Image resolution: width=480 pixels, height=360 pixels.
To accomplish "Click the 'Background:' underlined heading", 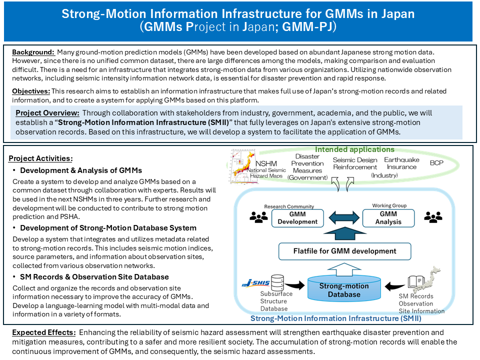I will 32,52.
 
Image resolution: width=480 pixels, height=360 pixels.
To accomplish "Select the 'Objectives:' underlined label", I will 30,91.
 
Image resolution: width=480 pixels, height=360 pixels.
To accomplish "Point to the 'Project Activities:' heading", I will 40,158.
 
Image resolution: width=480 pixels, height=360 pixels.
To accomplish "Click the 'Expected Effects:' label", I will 42,332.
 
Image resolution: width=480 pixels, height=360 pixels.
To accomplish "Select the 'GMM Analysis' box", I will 388,217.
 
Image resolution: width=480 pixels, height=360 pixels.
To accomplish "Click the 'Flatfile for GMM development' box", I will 344,251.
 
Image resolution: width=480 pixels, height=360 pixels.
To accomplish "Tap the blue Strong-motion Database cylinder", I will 344,289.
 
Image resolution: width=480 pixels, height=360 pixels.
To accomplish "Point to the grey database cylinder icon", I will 277,283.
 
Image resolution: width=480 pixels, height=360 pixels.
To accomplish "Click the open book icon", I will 416,282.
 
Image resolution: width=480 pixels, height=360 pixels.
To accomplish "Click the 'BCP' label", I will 436,163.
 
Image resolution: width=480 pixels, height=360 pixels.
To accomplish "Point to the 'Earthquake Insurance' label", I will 402,163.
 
